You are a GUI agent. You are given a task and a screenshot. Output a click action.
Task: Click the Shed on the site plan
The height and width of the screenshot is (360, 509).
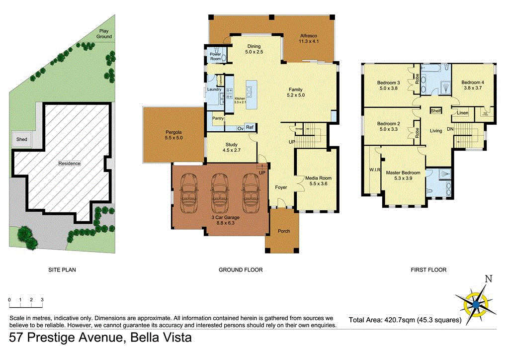[x=21, y=140]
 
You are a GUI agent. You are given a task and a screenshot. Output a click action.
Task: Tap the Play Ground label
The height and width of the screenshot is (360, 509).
[x=104, y=34]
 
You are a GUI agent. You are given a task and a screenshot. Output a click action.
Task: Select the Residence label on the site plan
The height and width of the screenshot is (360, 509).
[x=69, y=163]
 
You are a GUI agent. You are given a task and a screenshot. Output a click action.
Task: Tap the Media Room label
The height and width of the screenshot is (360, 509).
[x=318, y=180]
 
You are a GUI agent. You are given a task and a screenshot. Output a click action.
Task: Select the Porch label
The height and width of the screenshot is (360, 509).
[x=283, y=231]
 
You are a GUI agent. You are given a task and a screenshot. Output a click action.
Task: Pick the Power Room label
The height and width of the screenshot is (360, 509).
[x=215, y=56]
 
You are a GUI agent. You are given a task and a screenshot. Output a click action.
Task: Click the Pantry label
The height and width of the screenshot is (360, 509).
[x=218, y=118]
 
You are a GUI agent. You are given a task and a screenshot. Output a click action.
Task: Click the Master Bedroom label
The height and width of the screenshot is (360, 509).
[x=403, y=176]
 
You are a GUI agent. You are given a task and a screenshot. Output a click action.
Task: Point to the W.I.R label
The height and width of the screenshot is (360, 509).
[x=374, y=170]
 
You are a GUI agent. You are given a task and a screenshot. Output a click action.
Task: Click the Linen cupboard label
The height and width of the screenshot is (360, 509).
[x=462, y=113]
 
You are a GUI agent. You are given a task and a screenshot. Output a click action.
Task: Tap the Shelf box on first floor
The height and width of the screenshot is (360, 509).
[x=436, y=111]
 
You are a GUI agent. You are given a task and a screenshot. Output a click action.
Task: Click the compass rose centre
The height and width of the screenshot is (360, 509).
[x=476, y=303]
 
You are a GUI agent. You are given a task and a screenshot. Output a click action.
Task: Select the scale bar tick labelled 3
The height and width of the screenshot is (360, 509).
[x=42, y=300]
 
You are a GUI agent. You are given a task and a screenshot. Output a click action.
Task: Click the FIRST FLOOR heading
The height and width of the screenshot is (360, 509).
[x=428, y=270]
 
